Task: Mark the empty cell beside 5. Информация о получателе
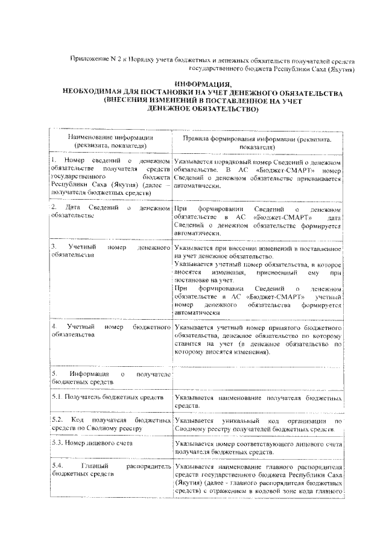[x=258, y=377]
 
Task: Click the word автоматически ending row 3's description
[x=195, y=313]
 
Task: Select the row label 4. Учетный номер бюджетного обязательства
[x=111, y=330]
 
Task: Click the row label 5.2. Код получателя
[x=111, y=423]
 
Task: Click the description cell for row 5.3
[x=258, y=447]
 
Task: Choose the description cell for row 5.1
[x=258, y=402]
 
